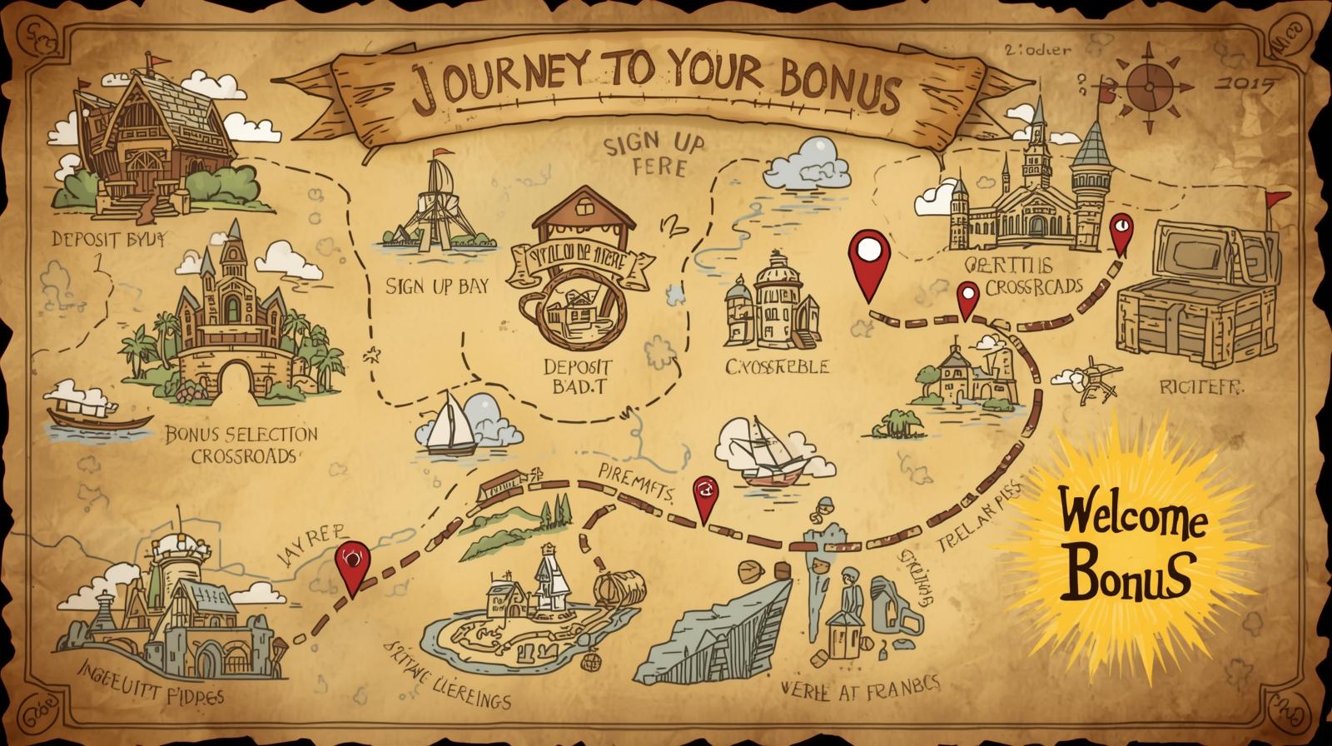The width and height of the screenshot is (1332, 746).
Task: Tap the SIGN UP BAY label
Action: click(437, 286)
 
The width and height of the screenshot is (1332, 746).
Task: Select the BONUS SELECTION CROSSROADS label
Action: click(241, 445)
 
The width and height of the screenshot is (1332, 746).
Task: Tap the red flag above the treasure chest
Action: click(1275, 198)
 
